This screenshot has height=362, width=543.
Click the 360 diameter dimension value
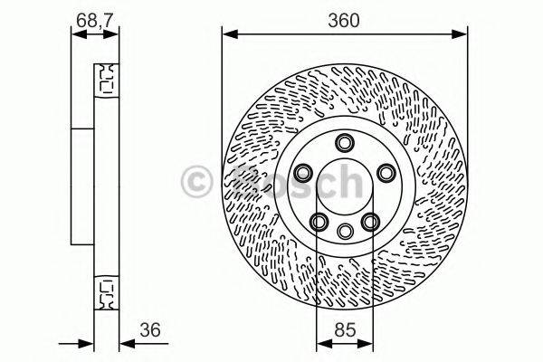[345, 21]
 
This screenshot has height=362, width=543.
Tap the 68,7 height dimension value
[94, 20]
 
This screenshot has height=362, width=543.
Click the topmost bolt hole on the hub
[344, 142]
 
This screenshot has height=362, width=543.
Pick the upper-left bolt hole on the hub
[304, 172]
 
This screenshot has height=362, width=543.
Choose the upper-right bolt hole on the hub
[385, 172]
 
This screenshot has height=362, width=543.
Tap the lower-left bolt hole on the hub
[319, 220]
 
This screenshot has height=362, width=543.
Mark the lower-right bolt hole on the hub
[369, 220]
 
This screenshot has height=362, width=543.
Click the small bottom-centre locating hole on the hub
[344, 231]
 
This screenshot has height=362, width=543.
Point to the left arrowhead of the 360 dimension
[228, 35]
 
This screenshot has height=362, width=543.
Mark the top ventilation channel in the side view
[106, 79]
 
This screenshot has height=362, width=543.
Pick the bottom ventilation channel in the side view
[106, 291]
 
